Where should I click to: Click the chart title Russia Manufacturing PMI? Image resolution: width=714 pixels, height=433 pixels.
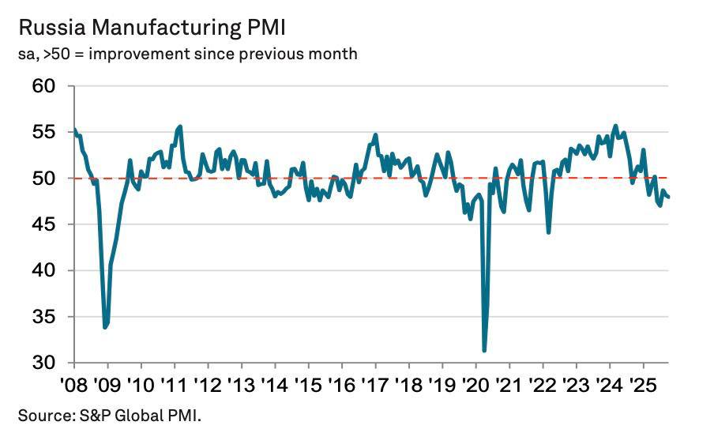point(152,28)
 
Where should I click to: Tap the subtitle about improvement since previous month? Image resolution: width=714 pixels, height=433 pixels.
point(187,54)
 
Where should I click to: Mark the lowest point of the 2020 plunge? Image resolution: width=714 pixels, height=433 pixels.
point(484,351)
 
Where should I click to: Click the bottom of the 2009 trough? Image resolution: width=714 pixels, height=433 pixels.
point(105,327)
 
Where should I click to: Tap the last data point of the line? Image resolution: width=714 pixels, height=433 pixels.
point(668,197)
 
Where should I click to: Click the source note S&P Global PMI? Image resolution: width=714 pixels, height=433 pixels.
point(110,414)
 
